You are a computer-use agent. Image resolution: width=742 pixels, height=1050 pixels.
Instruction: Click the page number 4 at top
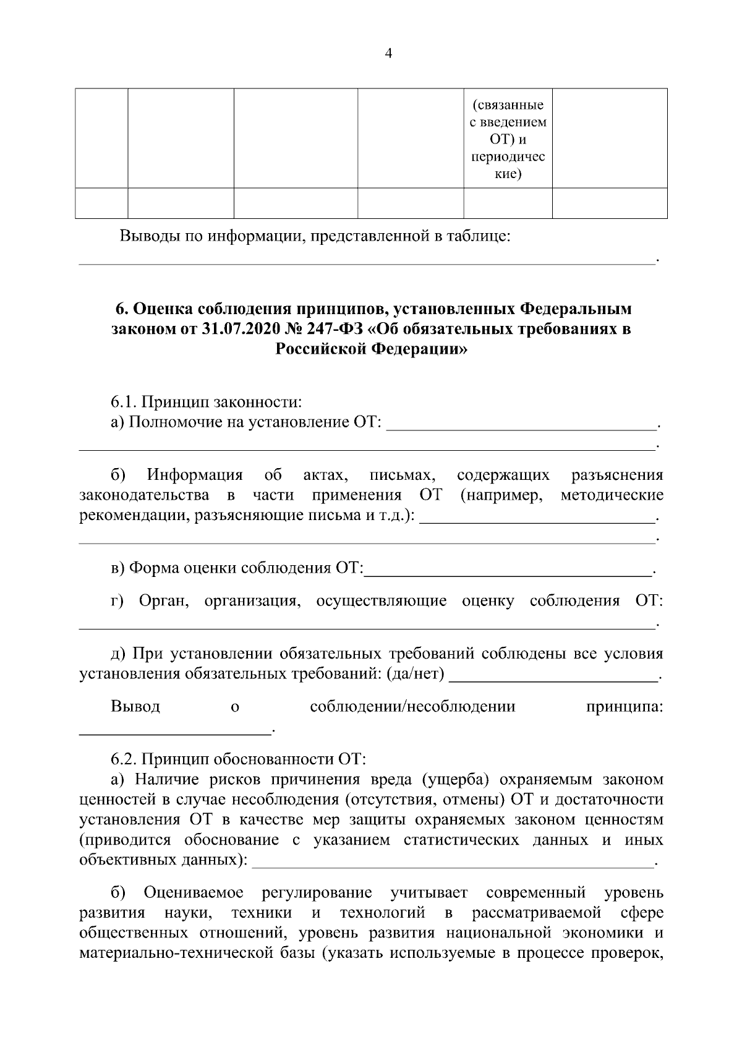pyautogui.click(x=388, y=54)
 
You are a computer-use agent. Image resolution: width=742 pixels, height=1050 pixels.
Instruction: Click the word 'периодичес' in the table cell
pyautogui.click(x=508, y=157)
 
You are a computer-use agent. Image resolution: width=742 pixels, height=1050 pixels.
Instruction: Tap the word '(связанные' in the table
pyautogui.click(x=508, y=105)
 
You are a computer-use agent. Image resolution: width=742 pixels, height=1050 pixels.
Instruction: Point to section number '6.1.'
pyautogui.click(x=124, y=403)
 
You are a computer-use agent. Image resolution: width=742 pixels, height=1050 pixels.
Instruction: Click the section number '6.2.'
pyautogui.click(x=124, y=758)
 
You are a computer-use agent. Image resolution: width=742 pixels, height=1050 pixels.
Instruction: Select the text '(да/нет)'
pyautogui.click(x=415, y=673)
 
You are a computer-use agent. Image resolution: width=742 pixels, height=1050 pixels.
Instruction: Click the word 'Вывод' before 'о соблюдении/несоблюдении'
pyautogui.click(x=135, y=706)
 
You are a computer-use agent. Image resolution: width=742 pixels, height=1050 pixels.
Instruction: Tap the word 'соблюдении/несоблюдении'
pyautogui.click(x=412, y=706)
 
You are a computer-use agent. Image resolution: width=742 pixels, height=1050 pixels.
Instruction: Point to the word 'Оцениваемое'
pyautogui.click(x=193, y=893)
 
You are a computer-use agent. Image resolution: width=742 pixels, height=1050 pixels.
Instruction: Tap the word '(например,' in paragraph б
pyautogui.click(x=501, y=495)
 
